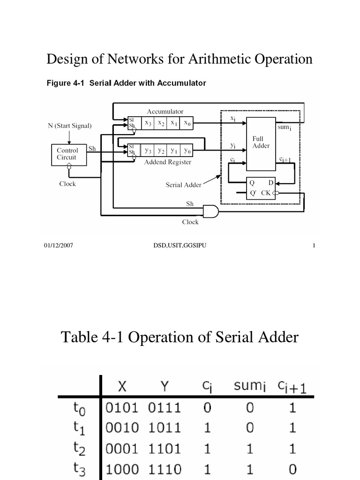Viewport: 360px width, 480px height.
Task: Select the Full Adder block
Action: (x=261, y=143)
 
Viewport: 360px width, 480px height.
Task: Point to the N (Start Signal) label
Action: (x=69, y=126)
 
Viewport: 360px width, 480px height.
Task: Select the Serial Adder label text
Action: (x=183, y=185)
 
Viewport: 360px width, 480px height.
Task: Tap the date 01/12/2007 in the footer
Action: (x=59, y=246)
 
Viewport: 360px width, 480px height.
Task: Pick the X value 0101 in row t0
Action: (x=123, y=408)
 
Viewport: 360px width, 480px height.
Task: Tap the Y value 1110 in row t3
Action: (x=165, y=469)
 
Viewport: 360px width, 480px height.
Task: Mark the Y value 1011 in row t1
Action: (x=165, y=428)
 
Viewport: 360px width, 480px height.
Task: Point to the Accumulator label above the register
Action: (x=165, y=112)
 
